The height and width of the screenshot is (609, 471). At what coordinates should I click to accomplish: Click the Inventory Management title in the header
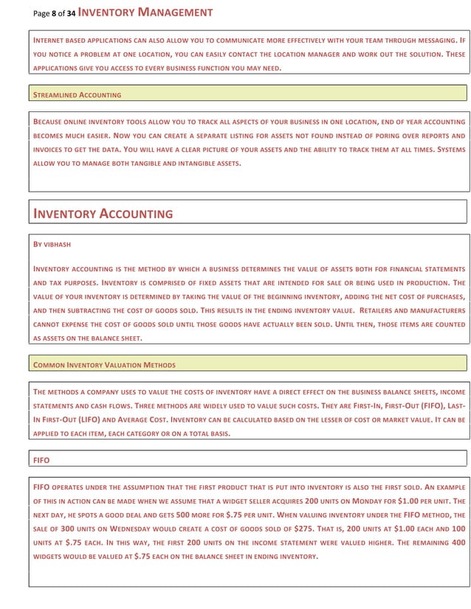145,12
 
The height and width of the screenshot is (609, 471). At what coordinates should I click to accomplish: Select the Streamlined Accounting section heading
78,94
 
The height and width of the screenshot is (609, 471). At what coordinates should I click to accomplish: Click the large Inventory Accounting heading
103,214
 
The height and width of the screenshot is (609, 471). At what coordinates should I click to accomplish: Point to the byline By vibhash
52,243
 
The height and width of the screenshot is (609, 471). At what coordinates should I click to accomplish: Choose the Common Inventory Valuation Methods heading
105,364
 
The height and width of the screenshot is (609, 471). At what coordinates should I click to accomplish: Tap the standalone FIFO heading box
42,459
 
